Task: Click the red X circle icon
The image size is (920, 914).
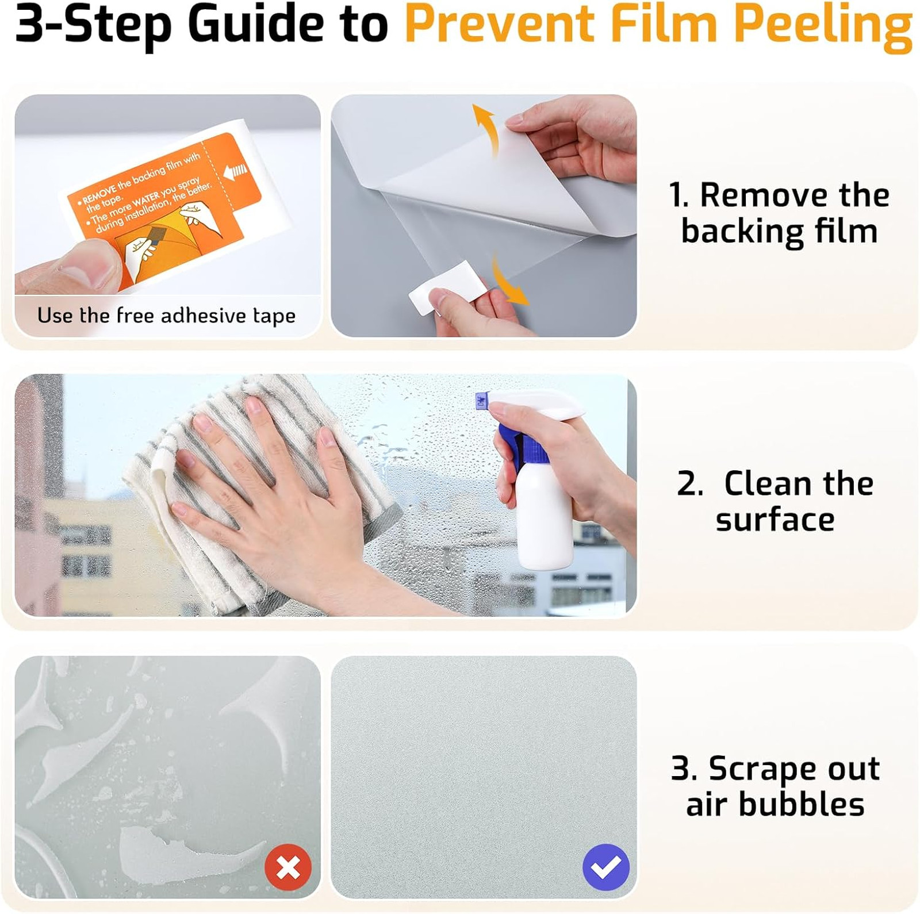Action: (288, 867)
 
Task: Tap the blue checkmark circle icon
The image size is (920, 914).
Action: (606, 867)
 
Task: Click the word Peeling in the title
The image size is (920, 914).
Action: (823, 26)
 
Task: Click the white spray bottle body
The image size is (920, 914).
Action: (544, 512)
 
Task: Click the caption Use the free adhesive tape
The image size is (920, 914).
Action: (166, 316)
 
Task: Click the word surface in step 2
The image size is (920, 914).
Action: (775, 520)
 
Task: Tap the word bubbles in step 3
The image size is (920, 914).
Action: (801, 804)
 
